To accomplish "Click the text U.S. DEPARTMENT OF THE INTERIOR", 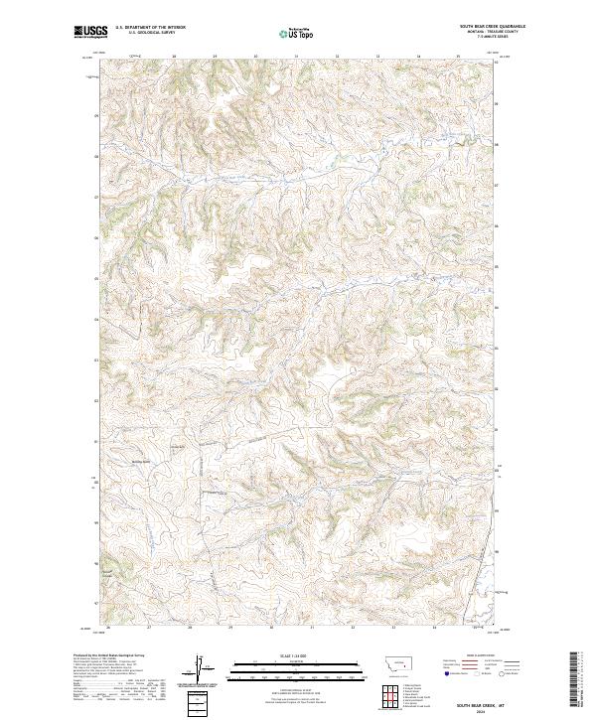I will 150,28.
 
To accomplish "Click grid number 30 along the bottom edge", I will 270,628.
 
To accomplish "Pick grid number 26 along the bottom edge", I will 106,628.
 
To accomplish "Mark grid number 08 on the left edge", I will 96,157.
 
